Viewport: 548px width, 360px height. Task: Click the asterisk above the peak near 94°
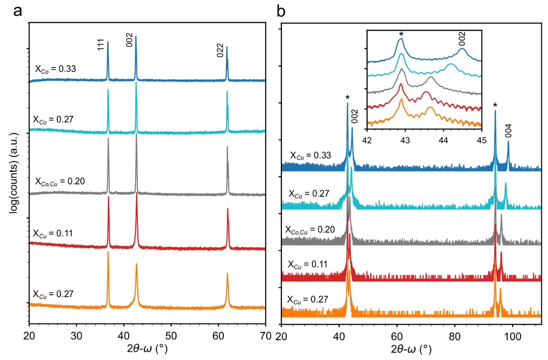[x=495, y=106]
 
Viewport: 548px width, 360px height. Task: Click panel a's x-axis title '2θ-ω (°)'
[x=147, y=349]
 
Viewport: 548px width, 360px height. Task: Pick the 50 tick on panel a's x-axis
[x=171, y=335]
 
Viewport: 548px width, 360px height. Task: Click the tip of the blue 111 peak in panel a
[x=108, y=42]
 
